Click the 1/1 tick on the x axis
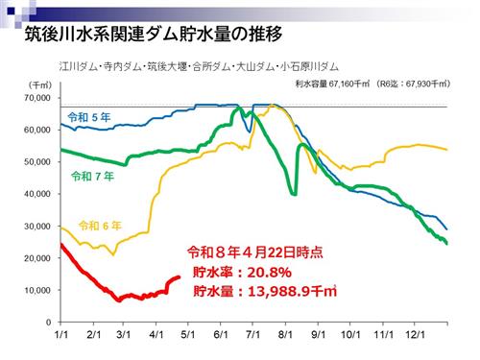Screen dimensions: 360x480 coord(60,338)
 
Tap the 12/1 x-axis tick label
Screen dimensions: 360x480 coord(414,338)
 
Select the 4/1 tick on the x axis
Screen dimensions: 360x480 coord(156,338)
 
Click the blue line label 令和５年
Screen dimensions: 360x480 coord(89,117)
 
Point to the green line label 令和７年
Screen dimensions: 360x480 coord(93,177)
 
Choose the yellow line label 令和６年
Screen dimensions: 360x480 coord(101,226)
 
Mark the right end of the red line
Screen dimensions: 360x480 coord(180,276)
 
